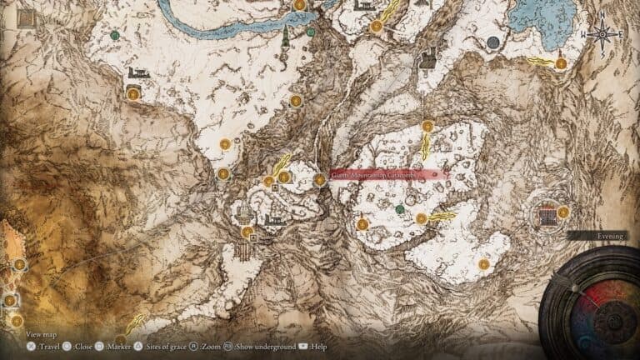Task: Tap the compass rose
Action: pyautogui.click(x=604, y=34)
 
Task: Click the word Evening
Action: pyautogui.click(x=610, y=236)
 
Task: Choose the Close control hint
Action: pyautogui.click(x=82, y=345)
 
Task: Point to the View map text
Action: pyautogui.click(x=40, y=334)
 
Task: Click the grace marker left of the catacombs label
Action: pyautogui.click(x=319, y=179)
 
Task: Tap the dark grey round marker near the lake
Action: pyautogui.click(x=493, y=42)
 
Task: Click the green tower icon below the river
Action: pyautogui.click(x=286, y=36)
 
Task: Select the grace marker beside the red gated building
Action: pyautogui.click(x=563, y=212)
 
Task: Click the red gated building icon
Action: pyautogui.click(x=547, y=216)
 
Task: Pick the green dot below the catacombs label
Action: pyautogui.click(x=400, y=208)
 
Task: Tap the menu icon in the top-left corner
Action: pyautogui.click(x=25, y=17)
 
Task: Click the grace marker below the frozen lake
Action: pyautogui.click(x=561, y=62)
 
